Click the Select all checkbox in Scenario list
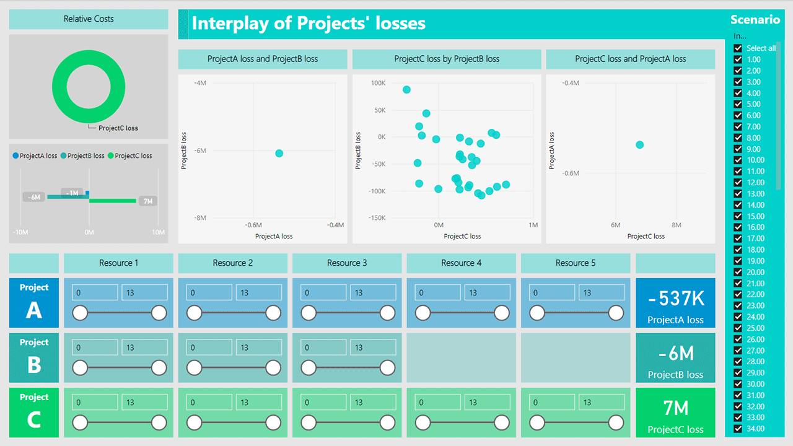coord(738,48)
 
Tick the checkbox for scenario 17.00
coord(738,238)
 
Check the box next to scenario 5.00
coord(738,104)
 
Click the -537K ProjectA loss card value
coord(675,299)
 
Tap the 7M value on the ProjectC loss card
coord(675,408)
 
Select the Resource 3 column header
coord(347,263)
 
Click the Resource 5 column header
coord(576,263)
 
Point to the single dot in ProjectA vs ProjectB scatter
coord(279,153)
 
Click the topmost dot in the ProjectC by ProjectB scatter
coord(406,90)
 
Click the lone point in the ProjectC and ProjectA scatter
coord(640,145)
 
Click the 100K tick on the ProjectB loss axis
coord(378,83)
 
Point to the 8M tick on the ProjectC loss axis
coord(676,225)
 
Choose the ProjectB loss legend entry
coord(82,156)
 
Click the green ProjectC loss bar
coord(113,201)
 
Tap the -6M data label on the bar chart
coord(34,197)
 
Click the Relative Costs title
coord(89,19)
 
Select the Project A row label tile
coord(34,302)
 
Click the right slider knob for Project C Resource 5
coord(616,423)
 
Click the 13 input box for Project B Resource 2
coord(258,348)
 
